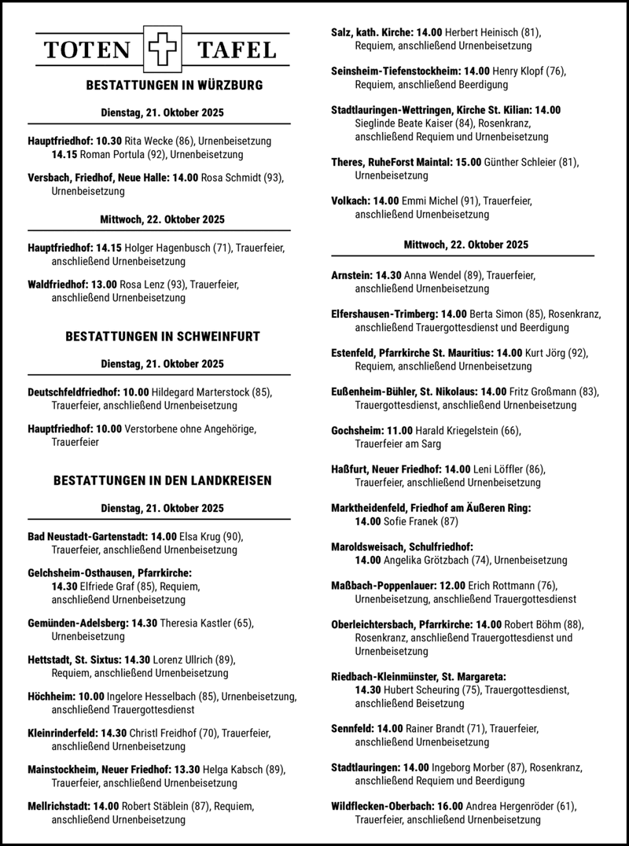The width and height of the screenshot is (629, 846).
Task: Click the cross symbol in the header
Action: tap(163, 50)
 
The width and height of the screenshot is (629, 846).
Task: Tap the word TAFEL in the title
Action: tap(237, 50)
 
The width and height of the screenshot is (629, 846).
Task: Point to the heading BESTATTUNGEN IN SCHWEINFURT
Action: tap(163, 337)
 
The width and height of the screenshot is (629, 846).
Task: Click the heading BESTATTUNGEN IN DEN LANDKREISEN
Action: tap(163, 480)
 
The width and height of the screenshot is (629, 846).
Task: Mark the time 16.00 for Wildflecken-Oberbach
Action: tap(447, 806)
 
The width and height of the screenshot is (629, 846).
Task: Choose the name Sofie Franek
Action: tap(411, 520)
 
